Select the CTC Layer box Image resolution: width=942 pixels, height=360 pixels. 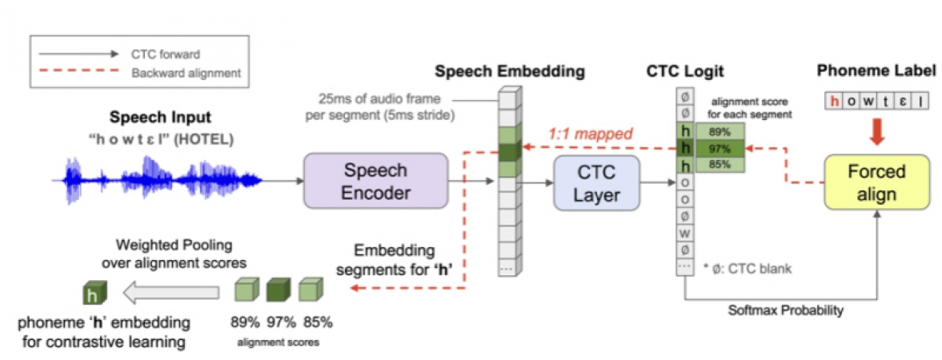[597, 183]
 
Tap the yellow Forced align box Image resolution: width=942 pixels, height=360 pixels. [877, 182]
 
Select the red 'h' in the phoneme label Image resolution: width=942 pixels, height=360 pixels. [835, 101]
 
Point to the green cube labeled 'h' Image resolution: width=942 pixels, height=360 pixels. [94, 295]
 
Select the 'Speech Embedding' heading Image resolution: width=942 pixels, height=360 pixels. [510, 72]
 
